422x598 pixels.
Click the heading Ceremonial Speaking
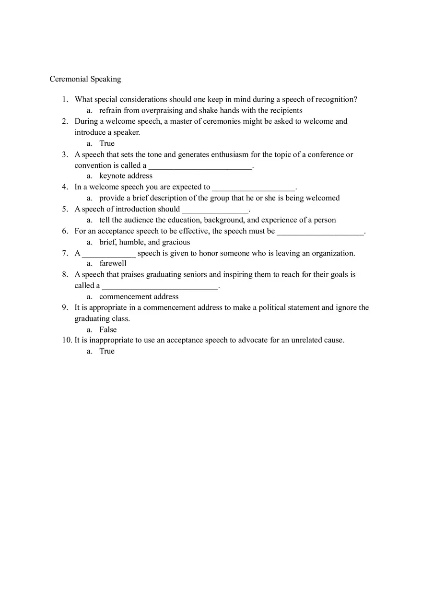click(x=85, y=79)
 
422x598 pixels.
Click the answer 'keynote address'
click(x=126, y=176)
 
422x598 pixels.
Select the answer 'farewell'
click(x=113, y=263)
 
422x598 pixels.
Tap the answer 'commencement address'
click(x=139, y=297)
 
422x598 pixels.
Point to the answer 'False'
click(x=108, y=330)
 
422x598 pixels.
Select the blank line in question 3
click(x=200, y=166)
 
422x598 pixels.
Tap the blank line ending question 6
click(x=320, y=232)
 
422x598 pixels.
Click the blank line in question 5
click(x=215, y=210)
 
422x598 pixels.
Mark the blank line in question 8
click(x=160, y=287)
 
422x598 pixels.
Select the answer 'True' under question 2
click(x=107, y=143)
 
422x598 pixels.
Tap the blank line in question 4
click(x=254, y=188)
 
